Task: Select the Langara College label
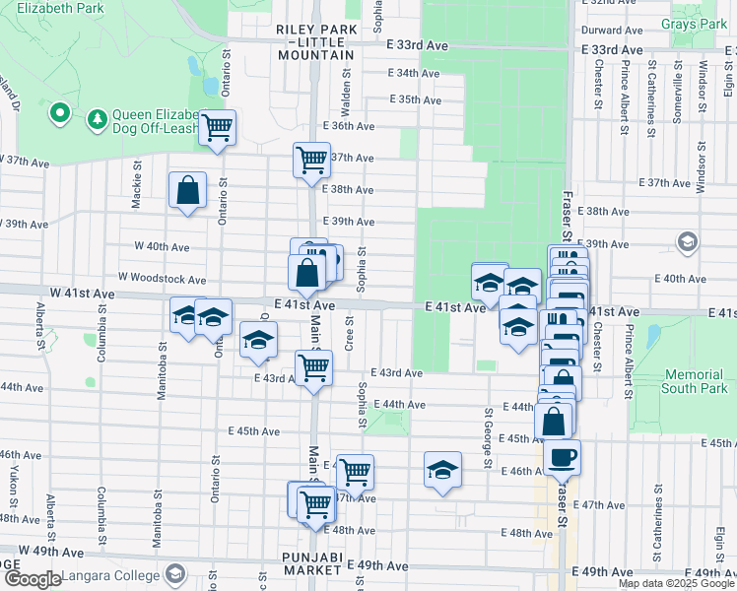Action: pyautogui.click(x=109, y=575)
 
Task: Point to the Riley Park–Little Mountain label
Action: pyautogui.click(x=316, y=42)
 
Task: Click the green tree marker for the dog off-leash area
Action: pyautogui.click(x=97, y=119)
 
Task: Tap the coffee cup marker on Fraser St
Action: pyautogui.click(x=563, y=458)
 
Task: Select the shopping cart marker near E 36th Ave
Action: pyautogui.click(x=217, y=127)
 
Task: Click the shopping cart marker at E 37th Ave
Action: pyautogui.click(x=311, y=159)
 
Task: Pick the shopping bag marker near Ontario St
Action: pyautogui.click(x=187, y=191)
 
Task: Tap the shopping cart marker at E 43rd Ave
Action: pyautogui.click(x=313, y=368)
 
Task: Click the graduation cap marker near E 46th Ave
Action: pyautogui.click(x=443, y=469)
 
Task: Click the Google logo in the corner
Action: pyautogui.click(x=33, y=579)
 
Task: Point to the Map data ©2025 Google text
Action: pyautogui.click(x=675, y=583)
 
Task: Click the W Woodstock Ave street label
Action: pyautogui.click(x=162, y=280)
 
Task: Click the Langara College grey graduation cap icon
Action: pyautogui.click(x=174, y=574)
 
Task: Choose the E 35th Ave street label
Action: pyautogui.click(x=415, y=99)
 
